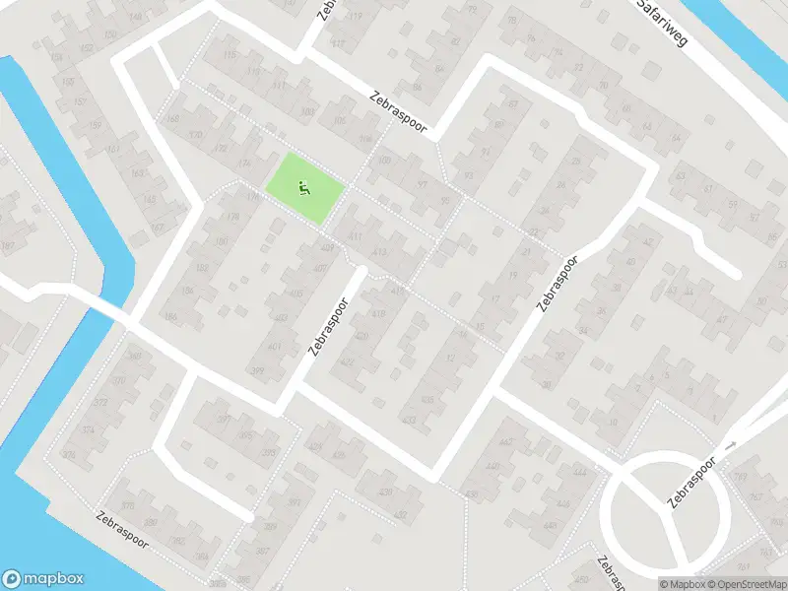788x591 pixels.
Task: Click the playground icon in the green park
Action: [x=305, y=185]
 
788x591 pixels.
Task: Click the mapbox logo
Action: [x=42, y=579]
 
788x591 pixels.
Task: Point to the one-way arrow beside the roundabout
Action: [x=730, y=446]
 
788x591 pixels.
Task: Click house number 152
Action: [x=86, y=47]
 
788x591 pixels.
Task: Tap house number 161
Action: [x=113, y=149]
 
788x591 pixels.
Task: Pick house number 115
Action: [x=231, y=56]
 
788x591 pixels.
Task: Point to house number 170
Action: [x=195, y=135]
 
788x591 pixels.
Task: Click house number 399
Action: [x=258, y=370]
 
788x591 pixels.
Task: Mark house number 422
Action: [x=346, y=362]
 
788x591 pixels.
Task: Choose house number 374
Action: [x=88, y=430]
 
